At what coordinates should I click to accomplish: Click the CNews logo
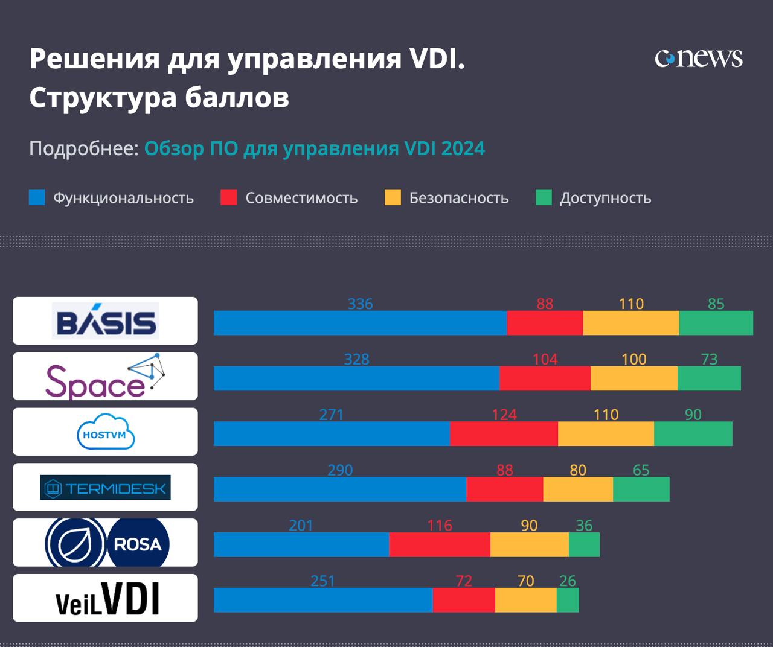[x=699, y=58]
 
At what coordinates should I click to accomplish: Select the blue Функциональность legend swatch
[x=37, y=197]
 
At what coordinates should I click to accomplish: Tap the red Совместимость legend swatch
[x=229, y=197]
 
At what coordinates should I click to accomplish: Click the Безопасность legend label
[x=458, y=198]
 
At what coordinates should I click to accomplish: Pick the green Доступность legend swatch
[x=544, y=197]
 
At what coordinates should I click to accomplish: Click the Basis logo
[x=106, y=320]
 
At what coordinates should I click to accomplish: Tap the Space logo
[x=106, y=376]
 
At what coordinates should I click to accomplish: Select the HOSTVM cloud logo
[x=106, y=432]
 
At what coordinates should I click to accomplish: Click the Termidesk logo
[x=106, y=487]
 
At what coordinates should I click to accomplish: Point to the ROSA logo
[x=107, y=543]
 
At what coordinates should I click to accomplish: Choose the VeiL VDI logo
[x=107, y=598]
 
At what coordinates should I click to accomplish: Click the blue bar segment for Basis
[x=360, y=323]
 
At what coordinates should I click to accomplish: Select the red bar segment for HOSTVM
[x=504, y=434]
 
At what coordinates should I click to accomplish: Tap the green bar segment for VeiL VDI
[x=568, y=600]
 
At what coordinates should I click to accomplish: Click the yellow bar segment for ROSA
[x=529, y=545]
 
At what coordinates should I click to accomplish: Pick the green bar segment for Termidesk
[x=641, y=489]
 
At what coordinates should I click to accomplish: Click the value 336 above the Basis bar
[x=360, y=304]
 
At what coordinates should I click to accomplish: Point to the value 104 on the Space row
[x=545, y=359]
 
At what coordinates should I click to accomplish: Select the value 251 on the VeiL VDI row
[x=322, y=581]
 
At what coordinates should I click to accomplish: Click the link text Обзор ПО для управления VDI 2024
[x=314, y=148]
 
